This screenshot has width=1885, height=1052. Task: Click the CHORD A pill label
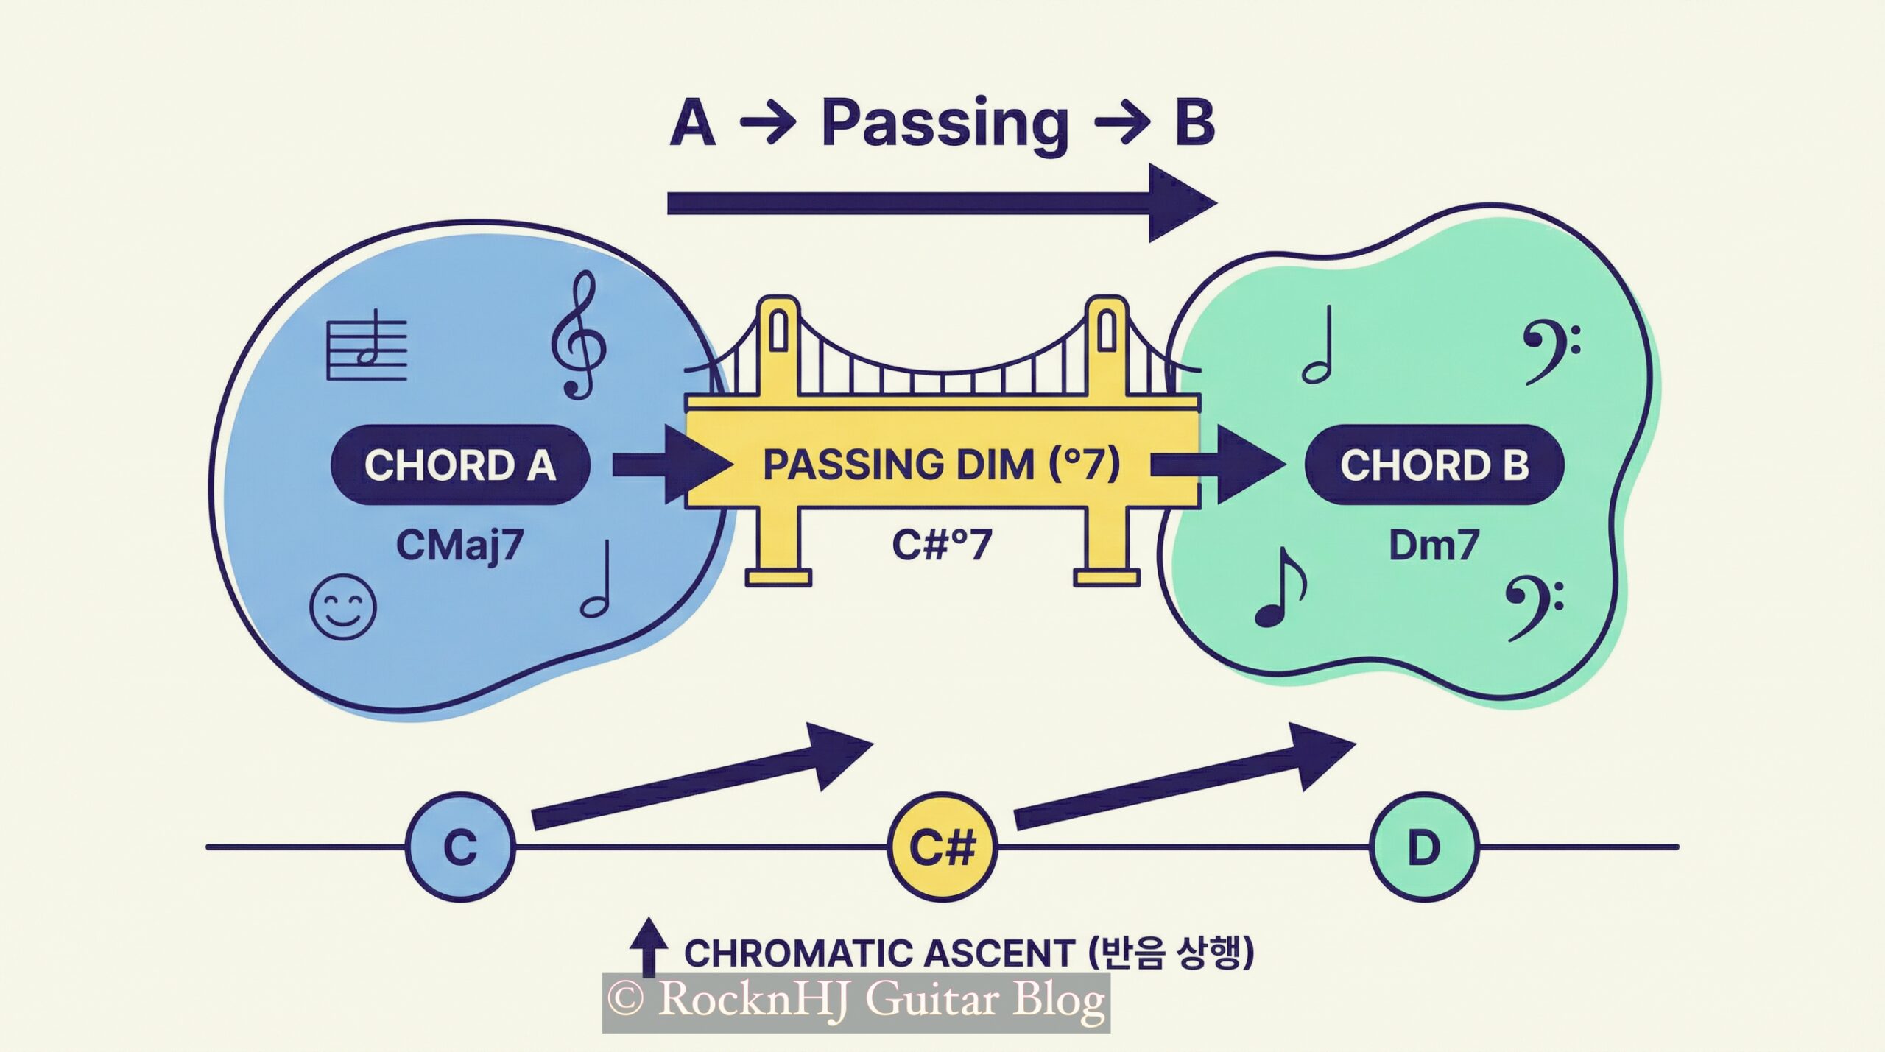[x=460, y=465]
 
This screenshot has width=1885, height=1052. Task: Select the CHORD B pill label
[x=1434, y=465]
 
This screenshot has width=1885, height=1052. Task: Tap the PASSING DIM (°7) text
[x=941, y=465]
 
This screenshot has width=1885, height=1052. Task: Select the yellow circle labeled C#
[x=942, y=847]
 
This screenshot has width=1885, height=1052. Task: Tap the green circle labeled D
[x=1423, y=847]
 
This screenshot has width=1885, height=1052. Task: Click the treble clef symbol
[x=579, y=335]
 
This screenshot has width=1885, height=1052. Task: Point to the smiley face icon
[x=343, y=608]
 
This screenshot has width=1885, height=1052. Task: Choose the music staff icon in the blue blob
[x=367, y=345]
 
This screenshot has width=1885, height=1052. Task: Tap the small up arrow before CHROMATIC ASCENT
[x=649, y=947]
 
